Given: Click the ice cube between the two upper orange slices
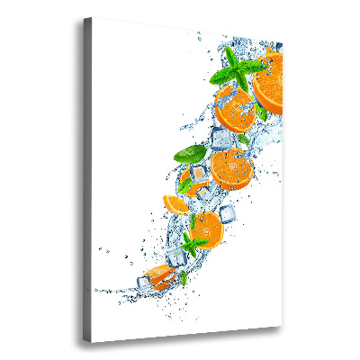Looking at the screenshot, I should pyautogui.click(x=221, y=139).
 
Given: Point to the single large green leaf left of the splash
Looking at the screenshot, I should pyautogui.click(x=189, y=154).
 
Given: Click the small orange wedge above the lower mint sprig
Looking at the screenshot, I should pyautogui.click(x=175, y=203).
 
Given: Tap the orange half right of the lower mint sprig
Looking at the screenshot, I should pyautogui.click(x=206, y=229).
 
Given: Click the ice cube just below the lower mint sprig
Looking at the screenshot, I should pyautogui.click(x=178, y=259).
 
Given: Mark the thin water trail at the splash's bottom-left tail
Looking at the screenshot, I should pyautogui.click(x=112, y=292).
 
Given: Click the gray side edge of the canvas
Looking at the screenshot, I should pyautogui.click(x=87, y=180).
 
